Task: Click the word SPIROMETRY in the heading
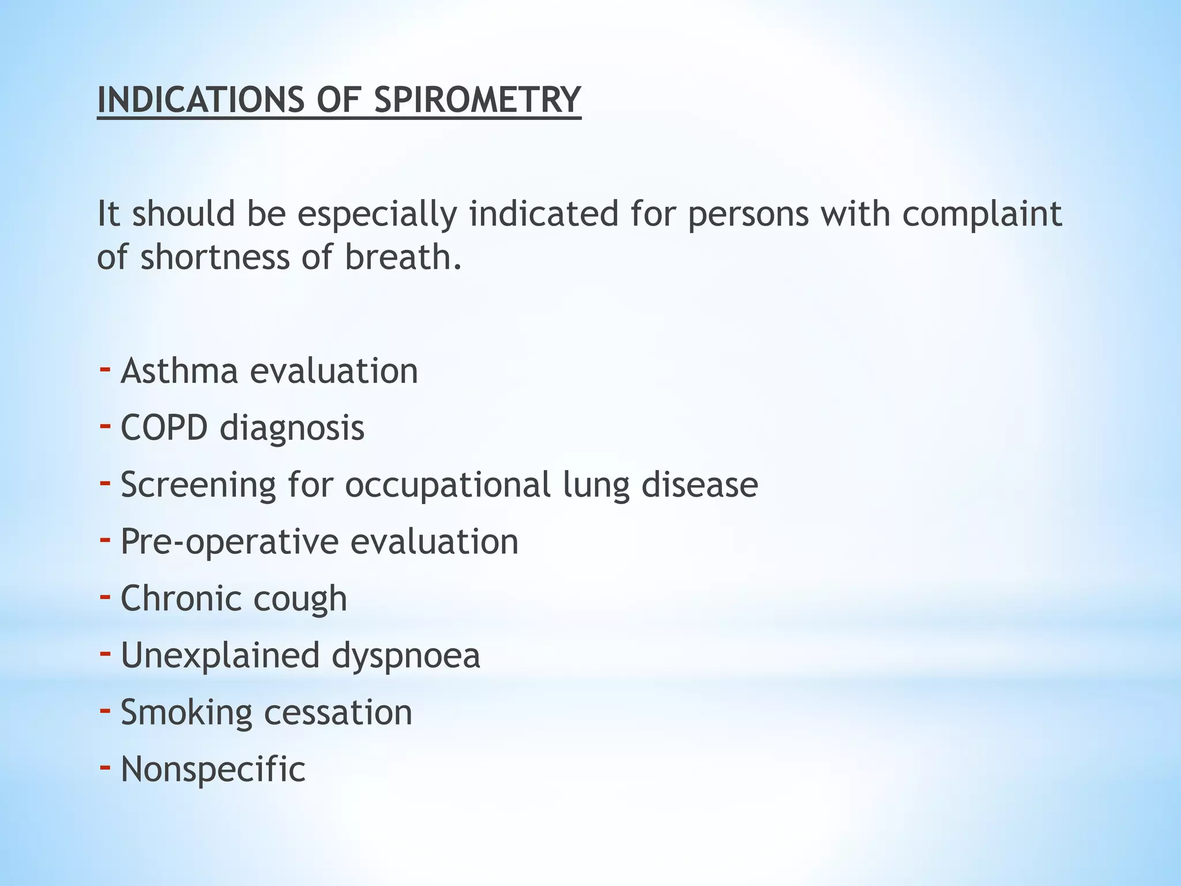pyautogui.click(x=477, y=100)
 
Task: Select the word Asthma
pyautogui.click(x=179, y=370)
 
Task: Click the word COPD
pyautogui.click(x=164, y=427)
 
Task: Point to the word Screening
pyautogui.click(x=198, y=485)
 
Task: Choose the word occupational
pyautogui.click(x=447, y=485)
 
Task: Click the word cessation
pyautogui.click(x=338, y=712)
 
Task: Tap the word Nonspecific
pyautogui.click(x=213, y=769)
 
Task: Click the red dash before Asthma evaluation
pyautogui.click(x=105, y=369)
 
